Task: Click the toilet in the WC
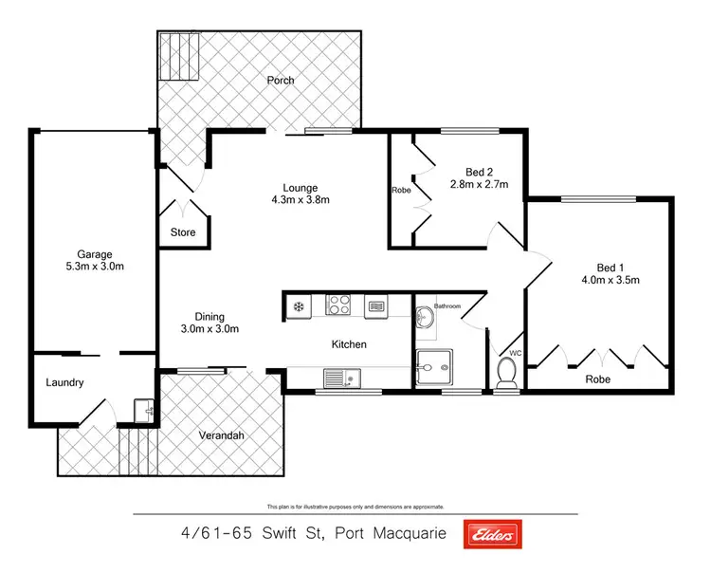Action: pyautogui.click(x=507, y=373)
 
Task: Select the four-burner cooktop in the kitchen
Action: pyautogui.click(x=339, y=305)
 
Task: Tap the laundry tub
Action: pyautogui.click(x=144, y=410)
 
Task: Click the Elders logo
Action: pyautogui.click(x=491, y=536)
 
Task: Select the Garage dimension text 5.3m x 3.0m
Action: pyautogui.click(x=95, y=267)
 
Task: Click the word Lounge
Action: pyautogui.click(x=300, y=187)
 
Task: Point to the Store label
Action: pyautogui.click(x=183, y=231)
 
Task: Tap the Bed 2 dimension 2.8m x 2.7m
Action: pyautogui.click(x=479, y=184)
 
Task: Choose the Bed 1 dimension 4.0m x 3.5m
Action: pyautogui.click(x=611, y=279)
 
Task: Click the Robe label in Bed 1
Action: pyautogui.click(x=597, y=379)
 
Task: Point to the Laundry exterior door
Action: pyautogui.click(x=97, y=414)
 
